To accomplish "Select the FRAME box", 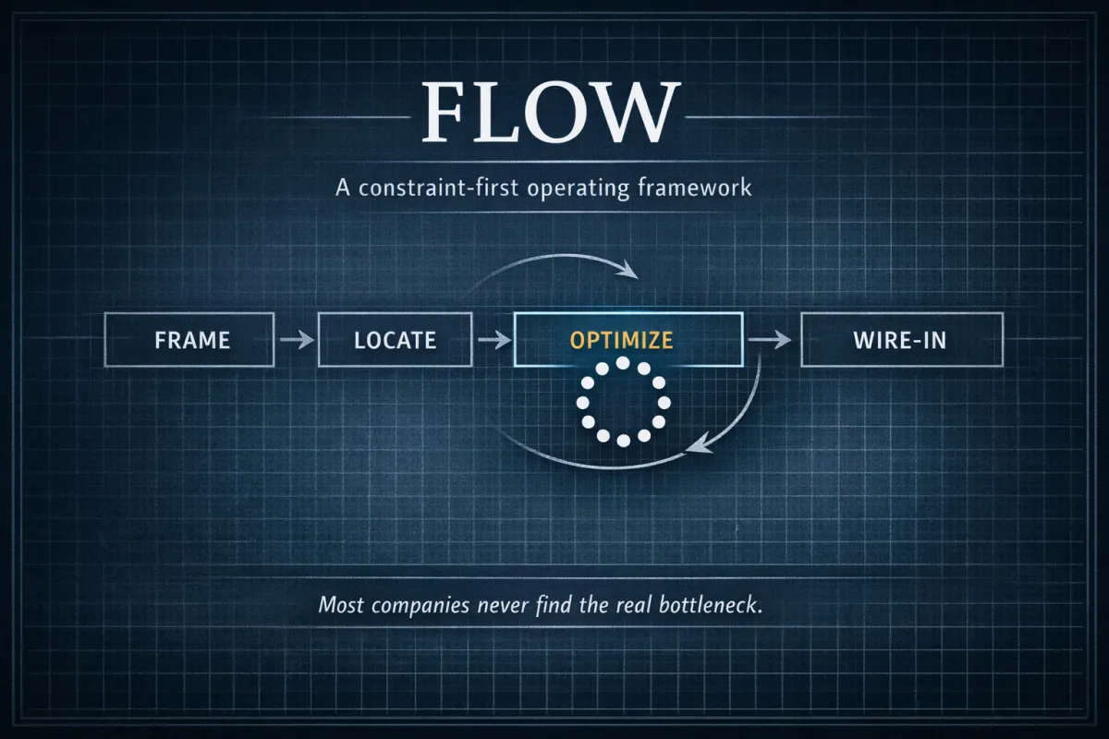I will (190, 340).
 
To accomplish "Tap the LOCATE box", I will (395, 340).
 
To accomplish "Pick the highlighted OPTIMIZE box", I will (628, 340).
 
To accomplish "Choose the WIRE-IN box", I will (901, 340).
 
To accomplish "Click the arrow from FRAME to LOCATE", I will (295, 341).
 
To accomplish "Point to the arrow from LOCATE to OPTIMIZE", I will (494, 341).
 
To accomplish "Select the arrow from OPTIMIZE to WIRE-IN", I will (771, 341).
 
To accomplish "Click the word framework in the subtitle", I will (695, 188).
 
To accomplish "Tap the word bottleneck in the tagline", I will (717, 607).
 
